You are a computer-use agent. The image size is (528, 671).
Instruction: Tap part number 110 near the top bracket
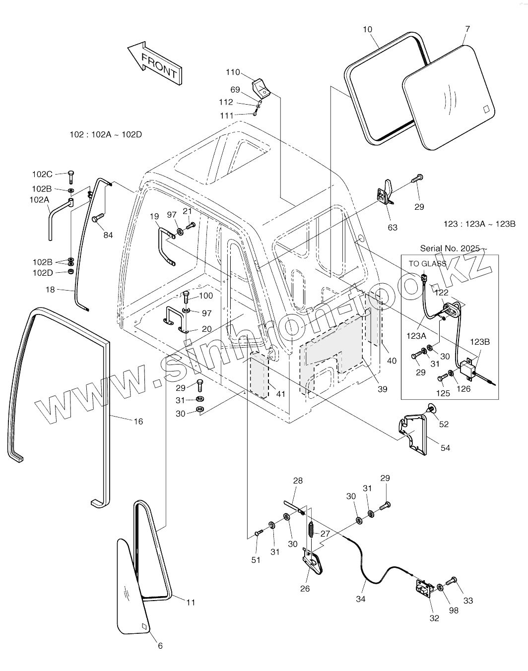tap(233, 72)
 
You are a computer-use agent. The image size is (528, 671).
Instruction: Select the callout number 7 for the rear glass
tap(467, 30)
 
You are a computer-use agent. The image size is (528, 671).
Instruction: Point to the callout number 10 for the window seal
tap(367, 30)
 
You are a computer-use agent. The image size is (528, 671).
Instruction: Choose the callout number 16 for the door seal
tap(138, 422)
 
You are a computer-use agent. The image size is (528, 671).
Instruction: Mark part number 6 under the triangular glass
tap(160, 646)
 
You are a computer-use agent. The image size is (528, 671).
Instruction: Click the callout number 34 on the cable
tap(361, 599)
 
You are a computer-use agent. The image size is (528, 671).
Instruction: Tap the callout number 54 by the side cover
tap(446, 448)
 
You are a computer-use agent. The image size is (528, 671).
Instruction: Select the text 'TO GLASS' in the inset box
tap(427, 264)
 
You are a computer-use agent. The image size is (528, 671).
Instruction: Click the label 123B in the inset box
tap(480, 342)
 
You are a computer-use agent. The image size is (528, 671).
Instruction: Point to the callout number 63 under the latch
tap(392, 228)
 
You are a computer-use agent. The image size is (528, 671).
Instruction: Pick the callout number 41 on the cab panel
tap(281, 394)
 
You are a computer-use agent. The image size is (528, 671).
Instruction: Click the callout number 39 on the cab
tap(382, 389)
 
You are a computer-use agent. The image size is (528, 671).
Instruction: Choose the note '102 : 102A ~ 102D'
tap(106, 134)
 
